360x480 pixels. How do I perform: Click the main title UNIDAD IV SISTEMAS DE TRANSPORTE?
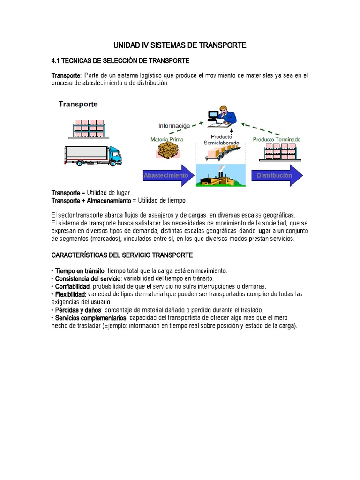coord(180,45)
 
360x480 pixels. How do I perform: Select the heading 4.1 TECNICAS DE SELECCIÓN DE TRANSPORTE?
coord(120,61)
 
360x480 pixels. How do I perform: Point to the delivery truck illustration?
coord(93,155)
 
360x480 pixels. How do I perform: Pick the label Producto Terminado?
coord(277,139)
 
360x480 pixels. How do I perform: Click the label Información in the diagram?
coord(174,126)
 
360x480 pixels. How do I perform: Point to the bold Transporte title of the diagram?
coord(78,104)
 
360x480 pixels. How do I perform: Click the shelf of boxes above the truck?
coord(89,128)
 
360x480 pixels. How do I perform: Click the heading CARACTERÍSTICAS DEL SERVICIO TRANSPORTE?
coord(122,255)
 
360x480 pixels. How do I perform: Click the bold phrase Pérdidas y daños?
coord(78,310)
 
